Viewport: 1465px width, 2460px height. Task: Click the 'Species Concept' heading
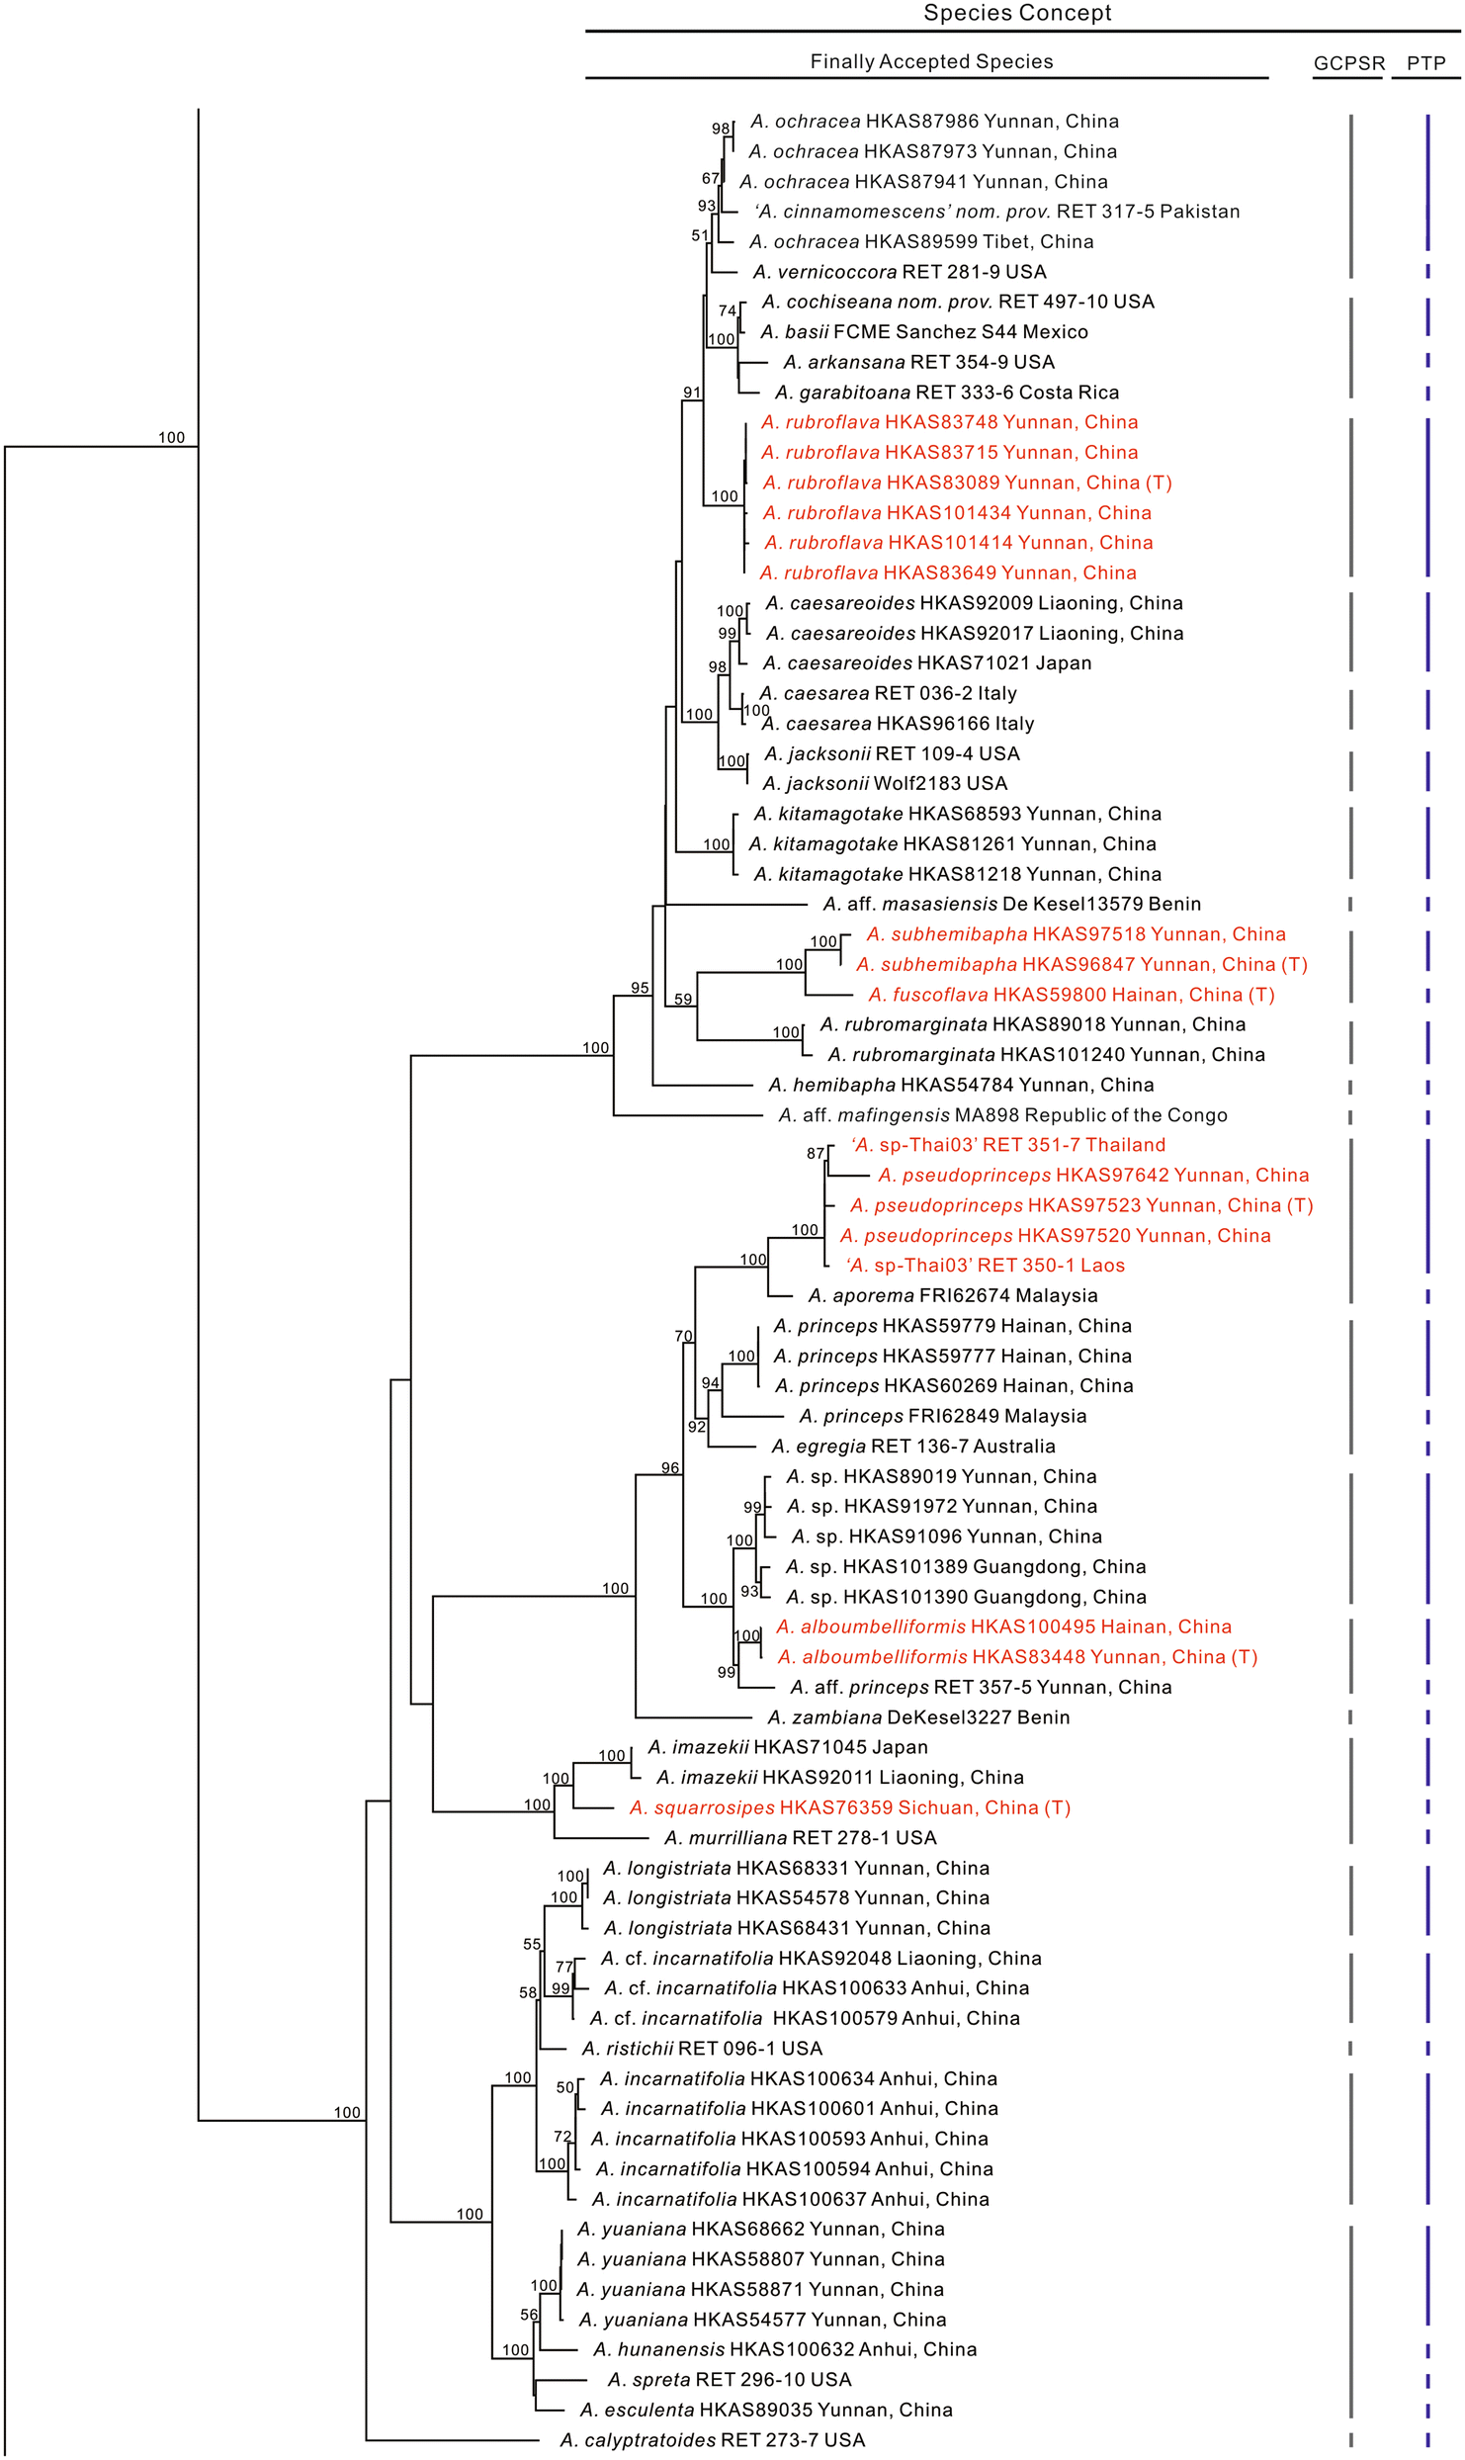coord(1017,13)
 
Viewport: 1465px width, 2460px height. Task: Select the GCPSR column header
coord(1348,63)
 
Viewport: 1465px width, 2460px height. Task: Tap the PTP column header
coord(1425,63)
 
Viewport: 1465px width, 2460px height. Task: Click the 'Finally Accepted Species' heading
coord(931,61)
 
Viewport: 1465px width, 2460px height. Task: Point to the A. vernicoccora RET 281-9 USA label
coord(899,272)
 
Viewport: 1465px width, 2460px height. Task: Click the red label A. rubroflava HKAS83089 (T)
coord(966,483)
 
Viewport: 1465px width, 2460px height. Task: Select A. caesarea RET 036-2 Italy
coord(888,693)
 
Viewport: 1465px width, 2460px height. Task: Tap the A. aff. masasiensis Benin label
coord(1011,904)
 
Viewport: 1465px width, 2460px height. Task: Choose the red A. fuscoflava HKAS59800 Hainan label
coord(1071,995)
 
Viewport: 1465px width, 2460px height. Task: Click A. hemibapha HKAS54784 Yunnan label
coord(961,1085)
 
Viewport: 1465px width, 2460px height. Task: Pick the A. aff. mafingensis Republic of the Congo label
coord(1002,1115)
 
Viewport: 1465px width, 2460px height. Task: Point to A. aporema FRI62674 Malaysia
coord(952,1295)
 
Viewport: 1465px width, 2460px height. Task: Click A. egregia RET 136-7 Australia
coord(912,1446)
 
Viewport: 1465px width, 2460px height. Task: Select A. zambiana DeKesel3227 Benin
coord(918,1717)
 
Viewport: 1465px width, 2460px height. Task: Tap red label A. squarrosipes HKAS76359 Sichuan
coord(850,1807)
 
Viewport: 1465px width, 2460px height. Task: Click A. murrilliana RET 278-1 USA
coord(800,1838)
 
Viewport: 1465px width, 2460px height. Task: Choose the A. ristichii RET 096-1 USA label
coord(702,2049)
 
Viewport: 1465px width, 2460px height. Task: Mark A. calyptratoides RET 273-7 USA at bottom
coord(712,2440)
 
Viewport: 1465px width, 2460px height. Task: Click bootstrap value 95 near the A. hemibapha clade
coord(640,988)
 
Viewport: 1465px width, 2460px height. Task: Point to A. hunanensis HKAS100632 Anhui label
coord(784,2349)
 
